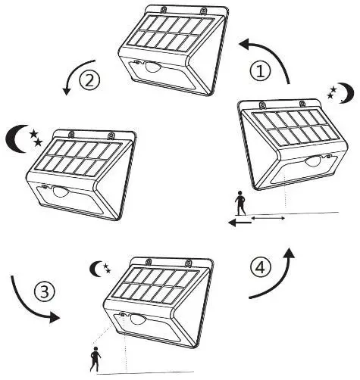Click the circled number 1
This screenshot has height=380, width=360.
261,71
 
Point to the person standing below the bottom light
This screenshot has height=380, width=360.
95,358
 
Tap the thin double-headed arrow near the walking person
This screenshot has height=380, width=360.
268,219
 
